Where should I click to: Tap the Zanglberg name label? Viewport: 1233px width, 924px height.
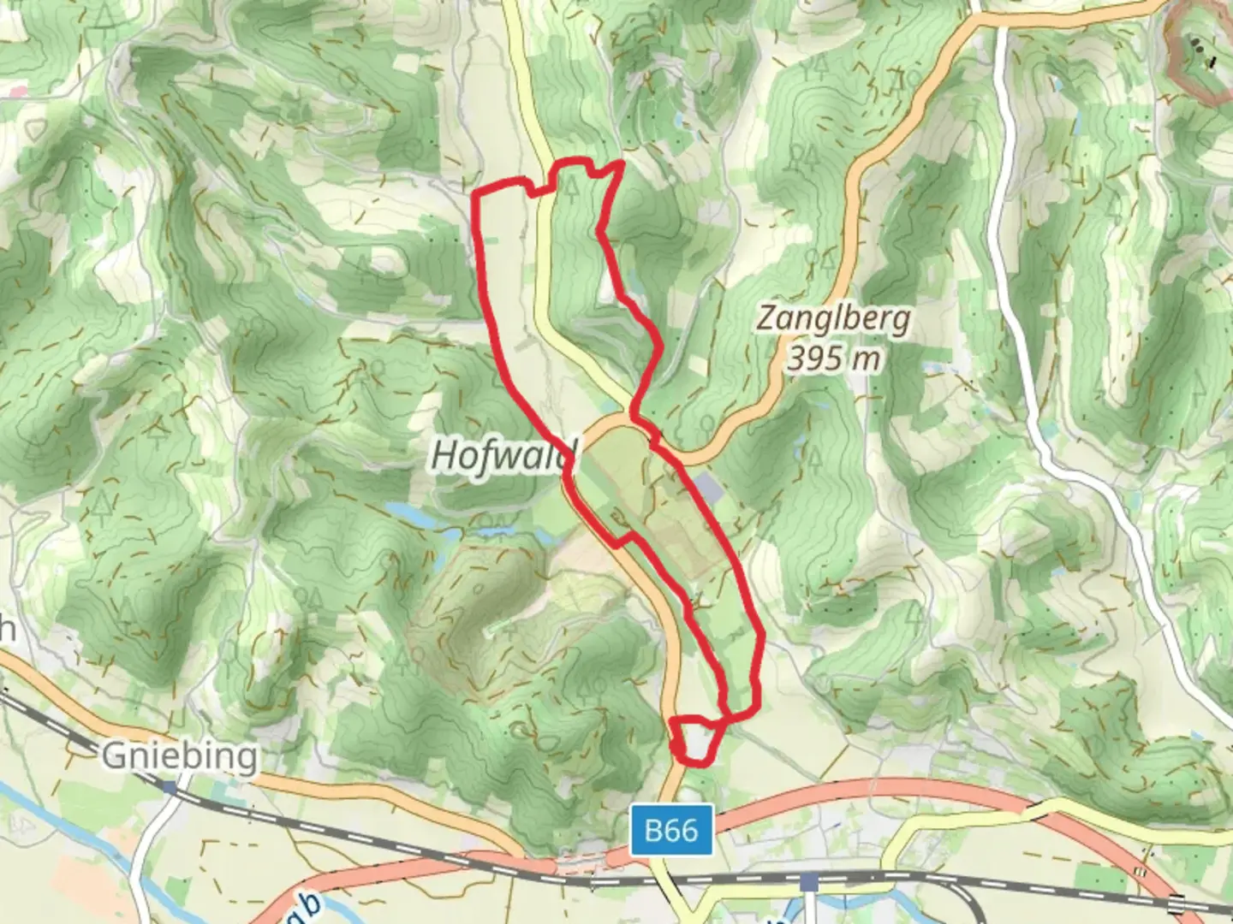[x=833, y=319]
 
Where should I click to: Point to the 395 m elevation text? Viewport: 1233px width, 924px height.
[x=833, y=358]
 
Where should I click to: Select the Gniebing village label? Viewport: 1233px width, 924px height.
[x=180, y=756]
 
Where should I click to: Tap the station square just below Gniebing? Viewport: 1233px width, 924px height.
[x=170, y=787]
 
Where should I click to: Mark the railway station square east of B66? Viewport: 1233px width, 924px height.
[x=809, y=881]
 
